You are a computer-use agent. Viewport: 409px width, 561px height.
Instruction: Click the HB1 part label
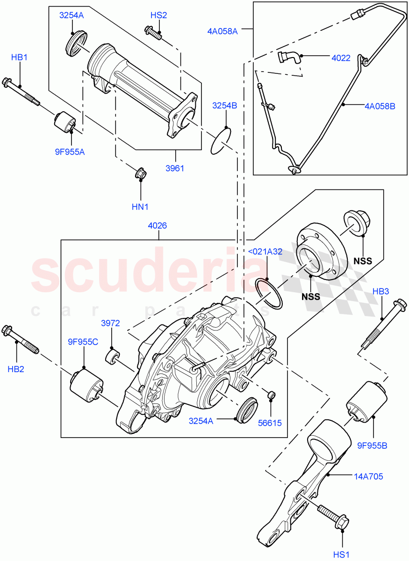[20, 57]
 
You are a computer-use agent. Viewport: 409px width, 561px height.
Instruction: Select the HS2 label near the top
[158, 15]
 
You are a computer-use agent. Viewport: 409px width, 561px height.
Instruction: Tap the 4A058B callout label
[380, 106]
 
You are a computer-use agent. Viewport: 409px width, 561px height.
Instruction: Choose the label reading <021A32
[265, 252]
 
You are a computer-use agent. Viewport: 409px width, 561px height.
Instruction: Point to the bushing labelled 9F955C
[86, 384]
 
